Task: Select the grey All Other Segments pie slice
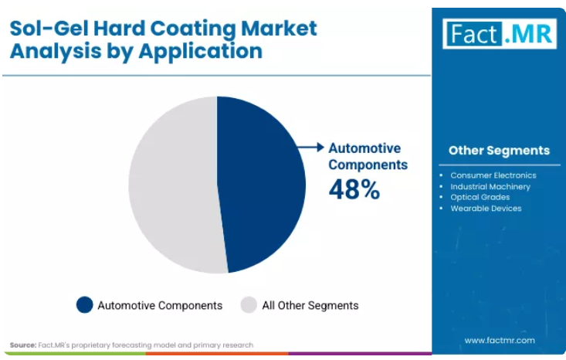pos(173,184)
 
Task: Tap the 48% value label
pos(354,189)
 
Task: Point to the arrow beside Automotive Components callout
pos(310,147)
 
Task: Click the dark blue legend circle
pos(85,304)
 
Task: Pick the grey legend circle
pos(249,304)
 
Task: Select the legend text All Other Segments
pos(310,305)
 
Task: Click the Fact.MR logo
pos(500,33)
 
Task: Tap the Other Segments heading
pos(500,150)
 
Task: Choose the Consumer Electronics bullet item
pos(493,175)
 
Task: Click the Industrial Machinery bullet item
pos(490,187)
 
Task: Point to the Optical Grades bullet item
pos(480,197)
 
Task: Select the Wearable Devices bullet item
pos(486,209)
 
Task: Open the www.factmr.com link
pos(500,340)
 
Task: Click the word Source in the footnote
pos(23,345)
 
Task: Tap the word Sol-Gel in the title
pos(49,29)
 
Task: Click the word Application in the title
pos(201,51)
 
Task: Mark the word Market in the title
pos(279,28)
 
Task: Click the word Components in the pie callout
pos(368,165)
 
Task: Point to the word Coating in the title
pos(193,29)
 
